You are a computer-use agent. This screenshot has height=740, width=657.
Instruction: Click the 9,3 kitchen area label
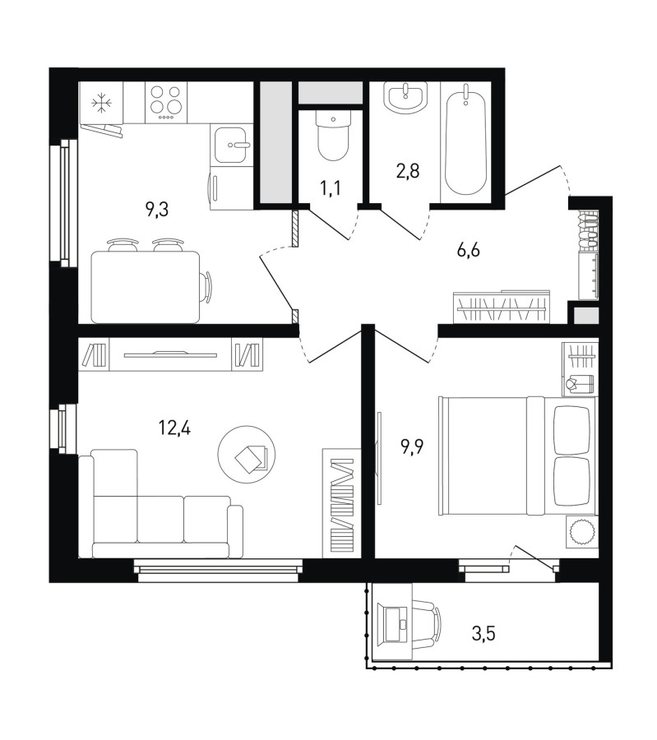click(157, 209)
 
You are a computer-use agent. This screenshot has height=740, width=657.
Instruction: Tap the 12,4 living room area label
click(174, 428)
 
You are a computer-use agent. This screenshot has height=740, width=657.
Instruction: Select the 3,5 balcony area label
click(483, 634)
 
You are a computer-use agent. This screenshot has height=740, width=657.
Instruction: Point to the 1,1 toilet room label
click(331, 188)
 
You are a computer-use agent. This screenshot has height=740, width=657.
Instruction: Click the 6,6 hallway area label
click(468, 249)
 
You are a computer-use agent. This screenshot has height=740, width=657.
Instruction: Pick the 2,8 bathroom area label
click(408, 171)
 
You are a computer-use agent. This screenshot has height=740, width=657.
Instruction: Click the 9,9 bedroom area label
click(413, 446)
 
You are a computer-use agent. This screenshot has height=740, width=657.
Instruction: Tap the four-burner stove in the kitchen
click(165, 103)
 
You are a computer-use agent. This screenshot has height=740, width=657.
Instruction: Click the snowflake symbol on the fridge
click(100, 104)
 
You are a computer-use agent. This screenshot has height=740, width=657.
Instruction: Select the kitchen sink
click(232, 145)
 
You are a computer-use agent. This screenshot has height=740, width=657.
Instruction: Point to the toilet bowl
click(333, 135)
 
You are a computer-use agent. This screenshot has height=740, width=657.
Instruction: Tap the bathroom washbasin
click(406, 97)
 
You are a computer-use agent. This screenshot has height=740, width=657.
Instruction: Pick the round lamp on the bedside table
click(581, 531)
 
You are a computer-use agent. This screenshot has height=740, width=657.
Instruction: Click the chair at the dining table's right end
click(206, 287)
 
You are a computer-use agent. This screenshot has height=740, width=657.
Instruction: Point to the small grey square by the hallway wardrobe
click(586, 315)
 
